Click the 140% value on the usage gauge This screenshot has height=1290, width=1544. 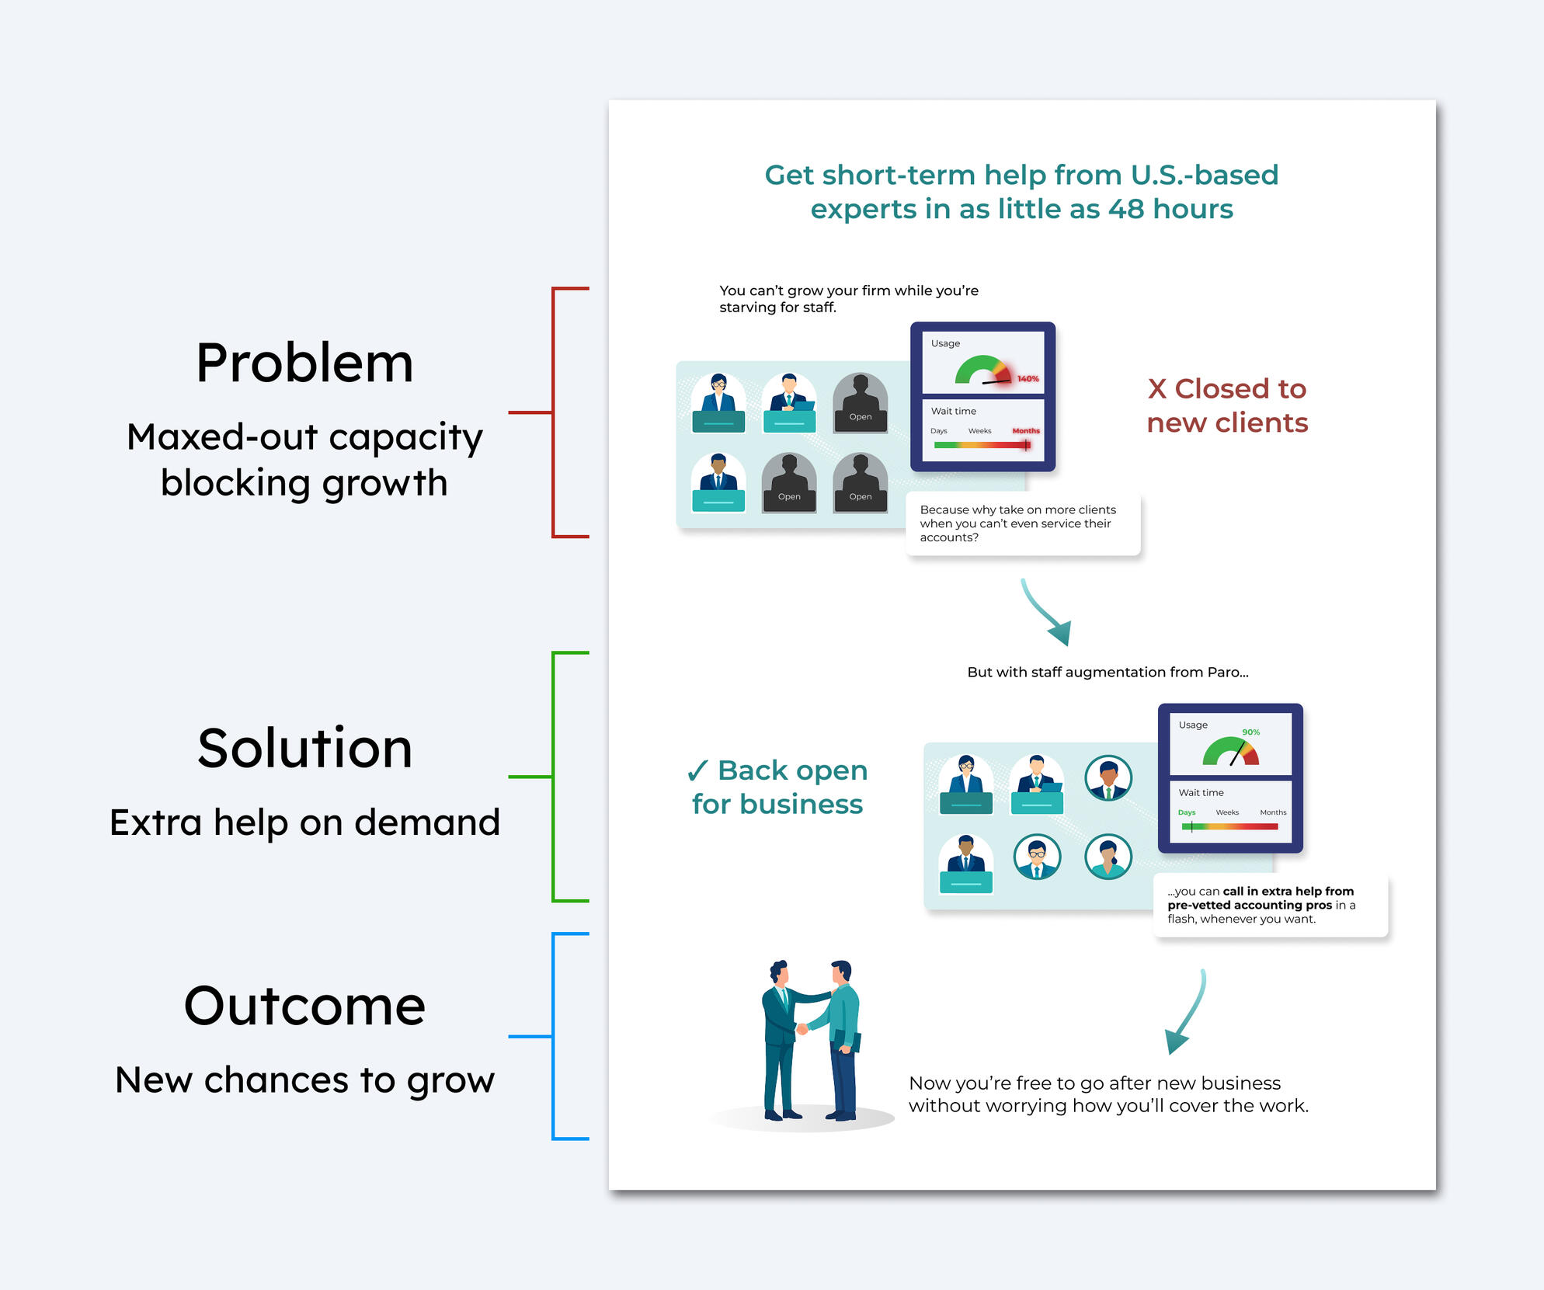1028,379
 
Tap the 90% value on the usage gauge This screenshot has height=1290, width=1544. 1250,732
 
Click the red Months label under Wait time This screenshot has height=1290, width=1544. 1026,431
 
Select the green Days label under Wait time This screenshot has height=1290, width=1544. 1187,812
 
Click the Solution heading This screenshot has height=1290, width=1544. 304,749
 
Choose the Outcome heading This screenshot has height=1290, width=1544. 304,1006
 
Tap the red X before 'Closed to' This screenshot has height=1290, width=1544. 1157,389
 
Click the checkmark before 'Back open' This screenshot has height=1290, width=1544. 697,770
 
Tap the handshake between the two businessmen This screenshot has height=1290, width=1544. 802,1028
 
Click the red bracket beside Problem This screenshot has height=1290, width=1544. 552,412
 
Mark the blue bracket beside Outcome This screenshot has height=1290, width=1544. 552,1036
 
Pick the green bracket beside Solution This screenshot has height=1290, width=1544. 552,777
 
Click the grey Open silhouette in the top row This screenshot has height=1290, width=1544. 861,402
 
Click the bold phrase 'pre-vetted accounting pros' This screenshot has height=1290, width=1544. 1250,906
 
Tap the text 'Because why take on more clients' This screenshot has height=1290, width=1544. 1018,510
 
